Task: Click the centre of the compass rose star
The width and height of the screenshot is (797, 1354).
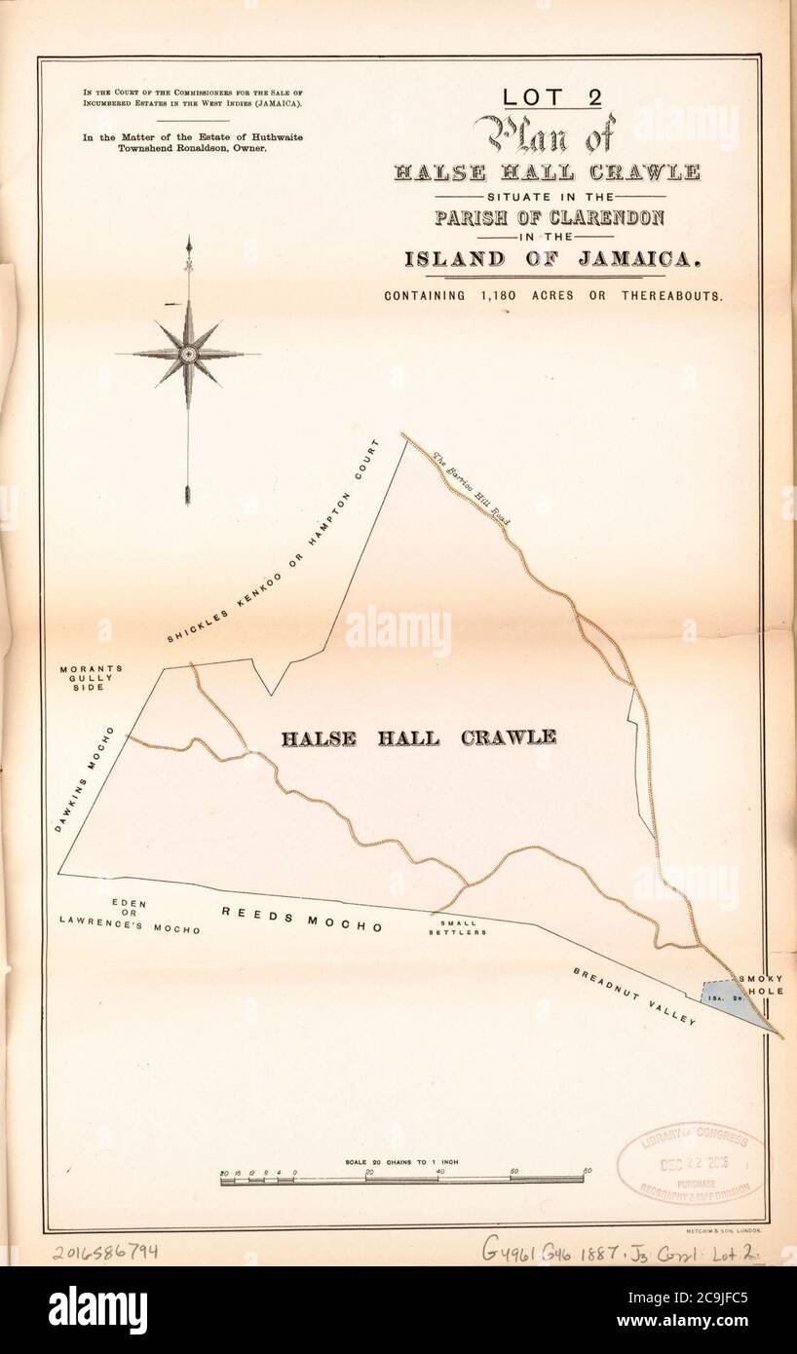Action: pos(188,355)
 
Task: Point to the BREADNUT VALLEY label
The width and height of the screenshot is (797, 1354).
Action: pos(634,997)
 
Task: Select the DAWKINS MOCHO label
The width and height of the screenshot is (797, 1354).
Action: pos(84,780)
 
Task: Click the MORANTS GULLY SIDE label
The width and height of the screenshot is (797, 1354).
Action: pos(91,678)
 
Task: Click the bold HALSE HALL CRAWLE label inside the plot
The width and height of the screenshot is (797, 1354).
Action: pos(419,737)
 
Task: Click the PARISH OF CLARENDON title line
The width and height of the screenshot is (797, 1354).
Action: pos(550,216)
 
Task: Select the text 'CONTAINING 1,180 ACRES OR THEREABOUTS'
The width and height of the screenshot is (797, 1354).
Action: pos(552,296)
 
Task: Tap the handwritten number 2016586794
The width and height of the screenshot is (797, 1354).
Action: pos(105,1252)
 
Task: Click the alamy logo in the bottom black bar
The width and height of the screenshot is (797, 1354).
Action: pos(97,1310)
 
